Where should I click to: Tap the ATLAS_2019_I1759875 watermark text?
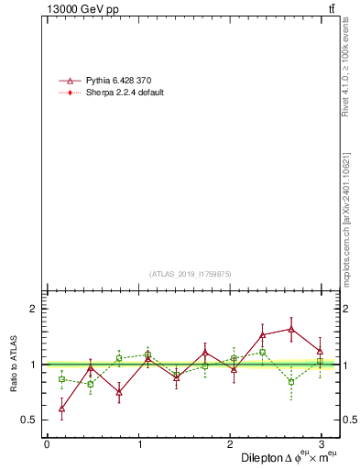[x=191, y=273]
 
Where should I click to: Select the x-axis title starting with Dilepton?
[x=289, y=457]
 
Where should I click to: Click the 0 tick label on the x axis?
[x=47, y=443]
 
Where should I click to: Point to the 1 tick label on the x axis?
[x=138, y=443]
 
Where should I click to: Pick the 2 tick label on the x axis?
[x=230, y=443]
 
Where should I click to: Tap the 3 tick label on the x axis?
[x=321, y=443]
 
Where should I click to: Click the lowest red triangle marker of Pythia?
[x=61, y=408]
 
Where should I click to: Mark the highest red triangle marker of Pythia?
[x=291, y=329]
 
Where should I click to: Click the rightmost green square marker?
[x=320, y=363]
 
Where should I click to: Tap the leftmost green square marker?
[x=61, y=378]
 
